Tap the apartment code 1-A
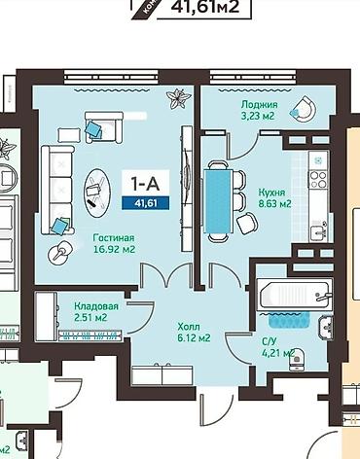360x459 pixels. (x=142, y=182)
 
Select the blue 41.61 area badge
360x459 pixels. (x=142, y=203)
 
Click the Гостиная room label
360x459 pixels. (x=114, y=237)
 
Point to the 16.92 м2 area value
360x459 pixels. (x=114, y=250)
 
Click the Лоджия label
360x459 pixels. (x=261, y=104)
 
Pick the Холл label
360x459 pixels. (x=190, y=326)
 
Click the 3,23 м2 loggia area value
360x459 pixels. (x=261, y=117)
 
